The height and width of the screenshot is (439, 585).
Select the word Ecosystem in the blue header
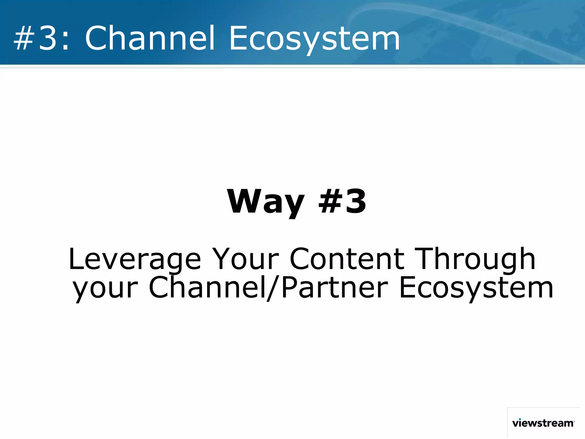[314, 38]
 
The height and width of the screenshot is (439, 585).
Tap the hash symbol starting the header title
[24, 38]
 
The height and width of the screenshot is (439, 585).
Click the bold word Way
[266, 202]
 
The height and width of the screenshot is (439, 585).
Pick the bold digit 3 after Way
[355, 202]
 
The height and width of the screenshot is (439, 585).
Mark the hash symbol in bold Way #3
[330, 202]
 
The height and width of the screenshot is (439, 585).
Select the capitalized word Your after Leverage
[245, 259]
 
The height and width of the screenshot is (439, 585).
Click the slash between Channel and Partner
[274, 287]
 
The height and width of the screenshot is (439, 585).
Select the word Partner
[334, 287]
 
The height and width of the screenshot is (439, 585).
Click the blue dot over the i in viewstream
[520, 419]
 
